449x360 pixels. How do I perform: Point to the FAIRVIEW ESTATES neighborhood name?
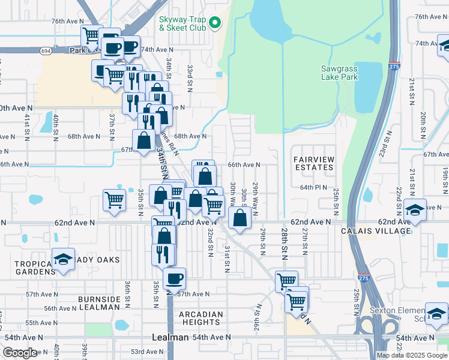(x=313, y=163)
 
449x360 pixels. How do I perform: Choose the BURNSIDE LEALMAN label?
(x=99, y=302)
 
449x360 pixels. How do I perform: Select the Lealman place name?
(x=170, y=338)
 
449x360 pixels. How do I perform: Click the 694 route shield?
(x=46, y=52)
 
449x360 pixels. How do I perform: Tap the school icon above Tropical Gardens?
(x=63, y=259)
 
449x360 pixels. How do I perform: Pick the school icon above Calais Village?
(x=415, y=210)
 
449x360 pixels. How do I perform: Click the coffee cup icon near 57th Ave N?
(x=174, y=278)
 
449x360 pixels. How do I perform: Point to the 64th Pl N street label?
(x=314, y=187)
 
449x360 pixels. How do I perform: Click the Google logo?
(x=20, y=353)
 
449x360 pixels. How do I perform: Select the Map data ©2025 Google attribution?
(x=411, y=355)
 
